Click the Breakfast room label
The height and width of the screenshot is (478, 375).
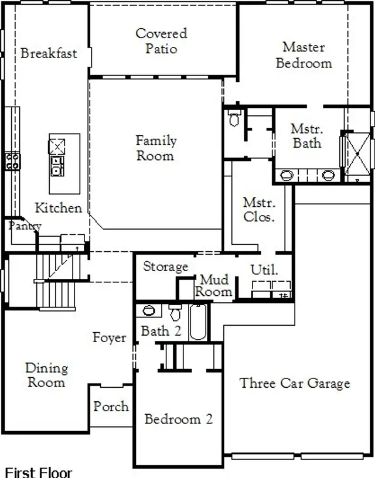[49, 53]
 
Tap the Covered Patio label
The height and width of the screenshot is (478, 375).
[161, 41]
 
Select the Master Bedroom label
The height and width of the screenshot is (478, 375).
[304, 54]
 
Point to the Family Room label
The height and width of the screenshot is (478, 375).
[155, 148]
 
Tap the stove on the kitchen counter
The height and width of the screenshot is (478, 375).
[12, 161]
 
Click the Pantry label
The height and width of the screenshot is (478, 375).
[24, 226]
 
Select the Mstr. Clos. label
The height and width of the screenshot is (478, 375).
[259, 210]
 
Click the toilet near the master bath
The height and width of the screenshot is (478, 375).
[234, 118]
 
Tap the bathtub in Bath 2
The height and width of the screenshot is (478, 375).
[198, 322]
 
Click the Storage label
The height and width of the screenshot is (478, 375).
[166, 267]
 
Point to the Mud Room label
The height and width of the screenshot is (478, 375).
[214, 286]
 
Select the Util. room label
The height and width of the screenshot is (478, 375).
[264, 270]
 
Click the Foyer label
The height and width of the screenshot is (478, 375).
[109, 337]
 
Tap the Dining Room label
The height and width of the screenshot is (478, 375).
[46, 375]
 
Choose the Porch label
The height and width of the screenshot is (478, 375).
[111, 406]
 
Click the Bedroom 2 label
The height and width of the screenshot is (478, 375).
[178, 419]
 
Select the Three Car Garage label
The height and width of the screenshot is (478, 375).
[295, 383]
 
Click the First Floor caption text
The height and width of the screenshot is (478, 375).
[38, 472]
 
